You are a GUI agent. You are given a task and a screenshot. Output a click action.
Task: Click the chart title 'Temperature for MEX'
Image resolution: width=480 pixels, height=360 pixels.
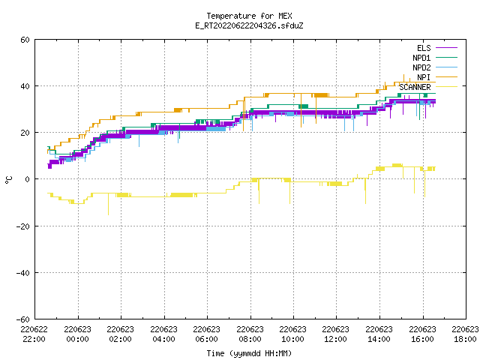(249, 16)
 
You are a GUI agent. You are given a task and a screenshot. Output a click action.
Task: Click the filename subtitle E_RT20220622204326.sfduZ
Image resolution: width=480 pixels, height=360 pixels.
(249, 25)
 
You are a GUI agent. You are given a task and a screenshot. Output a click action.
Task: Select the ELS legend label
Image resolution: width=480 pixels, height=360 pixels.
(424, 48)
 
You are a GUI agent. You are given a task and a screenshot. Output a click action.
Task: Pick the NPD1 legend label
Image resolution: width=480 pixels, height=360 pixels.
(421, 58)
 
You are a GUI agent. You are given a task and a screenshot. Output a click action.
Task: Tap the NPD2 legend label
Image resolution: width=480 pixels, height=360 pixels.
(421, 67)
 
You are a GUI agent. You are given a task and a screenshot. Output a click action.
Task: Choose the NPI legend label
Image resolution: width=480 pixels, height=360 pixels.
(424, 77)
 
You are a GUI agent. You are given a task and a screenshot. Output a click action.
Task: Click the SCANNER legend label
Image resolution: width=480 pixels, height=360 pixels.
(415, 87)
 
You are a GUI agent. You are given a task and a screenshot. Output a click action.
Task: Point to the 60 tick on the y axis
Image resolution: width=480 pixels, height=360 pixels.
(25, 40)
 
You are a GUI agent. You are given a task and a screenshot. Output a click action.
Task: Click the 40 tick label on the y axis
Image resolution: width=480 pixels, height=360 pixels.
(25, 86)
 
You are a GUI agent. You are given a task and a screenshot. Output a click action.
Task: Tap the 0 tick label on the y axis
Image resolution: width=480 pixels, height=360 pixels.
(28, 179)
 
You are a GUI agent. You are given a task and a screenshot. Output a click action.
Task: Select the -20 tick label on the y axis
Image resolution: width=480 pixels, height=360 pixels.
(23, 226)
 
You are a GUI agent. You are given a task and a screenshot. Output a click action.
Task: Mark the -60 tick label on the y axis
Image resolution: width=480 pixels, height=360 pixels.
(23, 319)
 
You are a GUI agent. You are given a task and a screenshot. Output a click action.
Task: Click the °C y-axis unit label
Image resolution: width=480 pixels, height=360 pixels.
(8, 180)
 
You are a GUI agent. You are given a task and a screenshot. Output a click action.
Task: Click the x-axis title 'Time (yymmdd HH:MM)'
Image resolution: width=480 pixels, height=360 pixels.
(249, 353)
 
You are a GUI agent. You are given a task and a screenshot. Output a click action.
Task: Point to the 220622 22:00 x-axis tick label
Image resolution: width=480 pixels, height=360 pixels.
(34, 334)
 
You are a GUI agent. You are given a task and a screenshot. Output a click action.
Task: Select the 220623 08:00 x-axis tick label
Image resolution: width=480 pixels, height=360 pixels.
(250, 334)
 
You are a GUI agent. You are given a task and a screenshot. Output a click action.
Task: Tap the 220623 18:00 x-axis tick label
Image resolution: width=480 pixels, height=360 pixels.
(465, 334)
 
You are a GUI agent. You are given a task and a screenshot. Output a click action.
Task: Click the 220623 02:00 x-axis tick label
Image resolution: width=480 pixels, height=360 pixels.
(120, 334)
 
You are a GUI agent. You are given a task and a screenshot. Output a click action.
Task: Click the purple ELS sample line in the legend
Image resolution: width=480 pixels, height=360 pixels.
(446, 48)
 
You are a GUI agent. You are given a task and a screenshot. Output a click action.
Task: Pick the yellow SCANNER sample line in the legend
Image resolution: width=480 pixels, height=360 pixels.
(446, 87)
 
